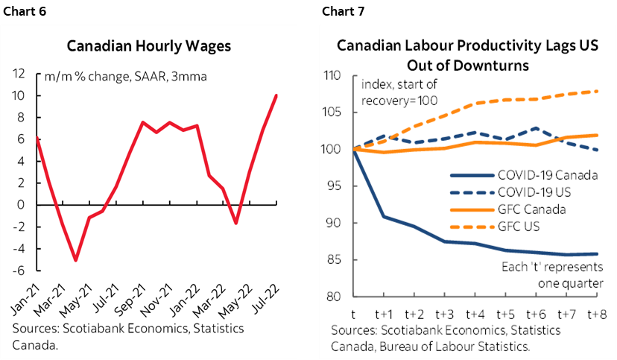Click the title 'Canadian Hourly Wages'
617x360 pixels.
coord(149,46)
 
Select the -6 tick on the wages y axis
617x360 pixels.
coord(21,270)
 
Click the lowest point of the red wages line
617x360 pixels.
coord(76,260)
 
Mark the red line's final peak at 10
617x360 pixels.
coord(277,95)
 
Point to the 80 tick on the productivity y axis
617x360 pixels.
coord(332,297)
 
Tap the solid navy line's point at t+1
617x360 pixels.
coord(384,217)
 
